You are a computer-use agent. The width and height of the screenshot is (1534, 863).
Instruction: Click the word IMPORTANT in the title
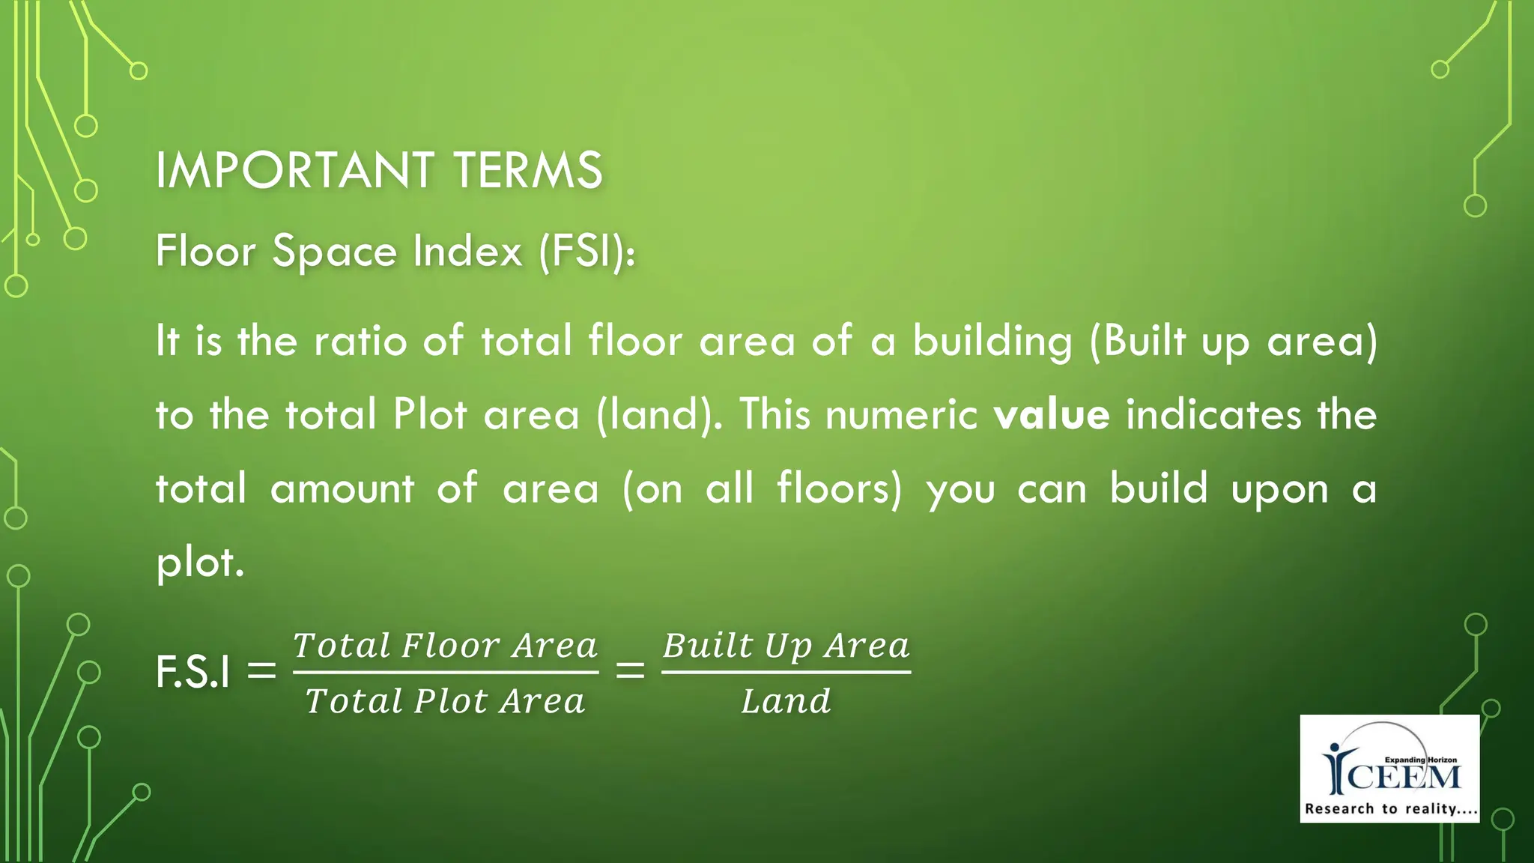(x=294, y=170)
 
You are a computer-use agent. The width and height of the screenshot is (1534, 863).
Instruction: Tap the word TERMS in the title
(x=528, y=170)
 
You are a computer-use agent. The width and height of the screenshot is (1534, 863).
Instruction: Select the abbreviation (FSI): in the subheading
(x=587, y=251)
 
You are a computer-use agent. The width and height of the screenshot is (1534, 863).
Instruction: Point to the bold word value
(x=1051, y=414)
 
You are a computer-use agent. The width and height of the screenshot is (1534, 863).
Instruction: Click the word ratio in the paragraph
(x=360, y=341)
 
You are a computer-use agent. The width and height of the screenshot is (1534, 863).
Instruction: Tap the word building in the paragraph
(x=992, y=342)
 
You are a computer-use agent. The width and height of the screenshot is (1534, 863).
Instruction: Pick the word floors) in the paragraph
(x=840, y=488)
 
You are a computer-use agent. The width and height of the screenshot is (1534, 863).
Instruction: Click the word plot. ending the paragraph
(x=200, y=562)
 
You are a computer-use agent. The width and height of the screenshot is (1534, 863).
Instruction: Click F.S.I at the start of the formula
(x=193, y=671)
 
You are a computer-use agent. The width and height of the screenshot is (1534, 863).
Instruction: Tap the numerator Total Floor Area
(x=446, y=646)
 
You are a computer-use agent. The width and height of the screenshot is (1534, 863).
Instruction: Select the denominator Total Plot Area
(x=446, y=701)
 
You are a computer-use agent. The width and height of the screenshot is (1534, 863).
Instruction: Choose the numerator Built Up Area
(x=786, y=646)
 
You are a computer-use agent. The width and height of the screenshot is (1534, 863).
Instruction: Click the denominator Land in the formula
(x=786, y=701)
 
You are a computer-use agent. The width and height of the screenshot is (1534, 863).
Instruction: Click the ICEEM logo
(x=1390, y=766)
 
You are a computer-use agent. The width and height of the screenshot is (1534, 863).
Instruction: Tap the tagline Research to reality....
(x=1390, y=809)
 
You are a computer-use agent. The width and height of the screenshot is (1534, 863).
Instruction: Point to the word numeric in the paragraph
(x=901, y=414)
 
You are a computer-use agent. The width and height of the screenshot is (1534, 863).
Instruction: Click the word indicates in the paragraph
(x=1213, y=414)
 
